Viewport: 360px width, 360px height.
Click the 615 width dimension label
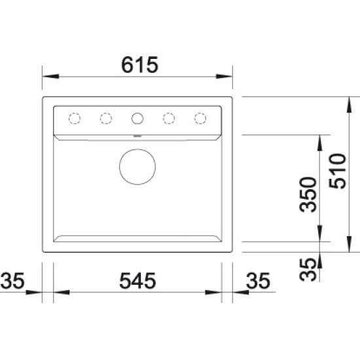[x=139, y=65]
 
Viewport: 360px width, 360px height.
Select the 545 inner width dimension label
[x=137, y=280]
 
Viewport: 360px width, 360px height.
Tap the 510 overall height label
[x=337, y=171]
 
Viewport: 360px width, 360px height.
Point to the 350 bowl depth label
[x=308, y=194]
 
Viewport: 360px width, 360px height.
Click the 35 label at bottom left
[x=12, y=280]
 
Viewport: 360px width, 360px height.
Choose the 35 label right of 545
[x=258, y=280]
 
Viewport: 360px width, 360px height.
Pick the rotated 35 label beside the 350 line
[x=308, y=270]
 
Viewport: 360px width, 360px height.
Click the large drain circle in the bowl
[x=137, y=167]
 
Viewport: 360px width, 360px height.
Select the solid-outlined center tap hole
[x=137, y=118]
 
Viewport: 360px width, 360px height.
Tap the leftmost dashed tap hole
[x=75, y=118]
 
